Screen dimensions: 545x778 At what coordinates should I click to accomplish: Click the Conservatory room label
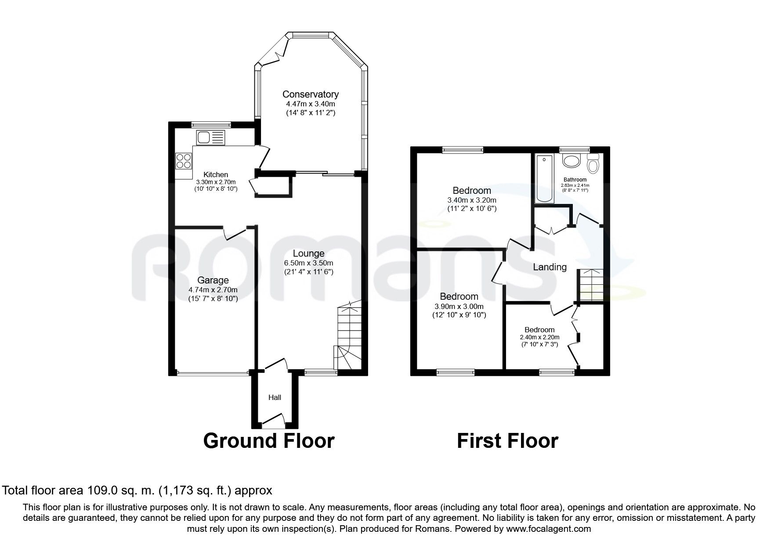point(310,94)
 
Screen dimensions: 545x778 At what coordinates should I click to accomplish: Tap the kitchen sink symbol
point(210,138)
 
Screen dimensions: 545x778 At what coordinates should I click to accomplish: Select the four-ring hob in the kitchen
point(184,160)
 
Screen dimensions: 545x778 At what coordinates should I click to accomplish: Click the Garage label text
point(213,280)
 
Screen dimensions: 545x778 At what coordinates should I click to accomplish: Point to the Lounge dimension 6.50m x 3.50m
point(308,263)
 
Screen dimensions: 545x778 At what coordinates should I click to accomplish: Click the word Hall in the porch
point(275,397)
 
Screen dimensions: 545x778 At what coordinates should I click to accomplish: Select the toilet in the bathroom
point(593,164)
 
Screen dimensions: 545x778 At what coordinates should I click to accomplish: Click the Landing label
point(550,267)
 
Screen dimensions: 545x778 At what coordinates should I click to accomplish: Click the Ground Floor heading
point(268,440)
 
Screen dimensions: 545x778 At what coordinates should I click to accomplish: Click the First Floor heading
point(507,440)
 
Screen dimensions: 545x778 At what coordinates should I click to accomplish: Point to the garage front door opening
point(213,374)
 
